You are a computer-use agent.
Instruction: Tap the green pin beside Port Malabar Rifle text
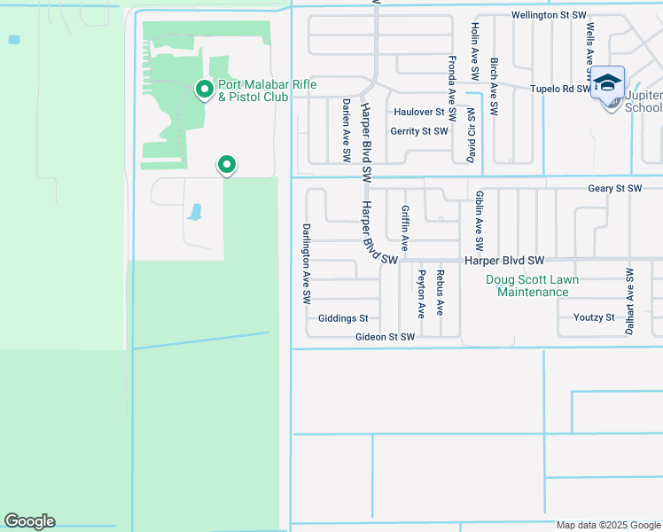tap(204, 89)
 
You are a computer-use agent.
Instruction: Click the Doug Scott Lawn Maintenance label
tap(533, 286)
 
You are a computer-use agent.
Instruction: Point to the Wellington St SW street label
tap(550, 15)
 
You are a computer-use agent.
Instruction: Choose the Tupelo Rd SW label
tap(560, 89)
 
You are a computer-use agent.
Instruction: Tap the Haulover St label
tap(419, 112)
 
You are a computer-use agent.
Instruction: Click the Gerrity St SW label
tap(419, 131)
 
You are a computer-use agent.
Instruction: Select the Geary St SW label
tap(614, 189)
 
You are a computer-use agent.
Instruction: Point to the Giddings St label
tap(343, 317)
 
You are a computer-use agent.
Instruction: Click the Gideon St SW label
tap(385, 337)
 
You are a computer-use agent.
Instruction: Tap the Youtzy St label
tap(594, 317)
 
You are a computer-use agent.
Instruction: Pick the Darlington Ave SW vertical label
tap(306, 263)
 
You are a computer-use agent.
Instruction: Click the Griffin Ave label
tap(405, 226)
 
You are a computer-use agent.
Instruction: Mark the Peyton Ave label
tap(421, 293)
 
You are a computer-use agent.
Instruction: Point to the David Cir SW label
tap(470, 136)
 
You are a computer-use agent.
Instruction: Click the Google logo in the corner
tap(29, 521)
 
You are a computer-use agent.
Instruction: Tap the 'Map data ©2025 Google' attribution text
tap(607, 525)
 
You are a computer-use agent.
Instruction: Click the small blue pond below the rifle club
tap(194, 212)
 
